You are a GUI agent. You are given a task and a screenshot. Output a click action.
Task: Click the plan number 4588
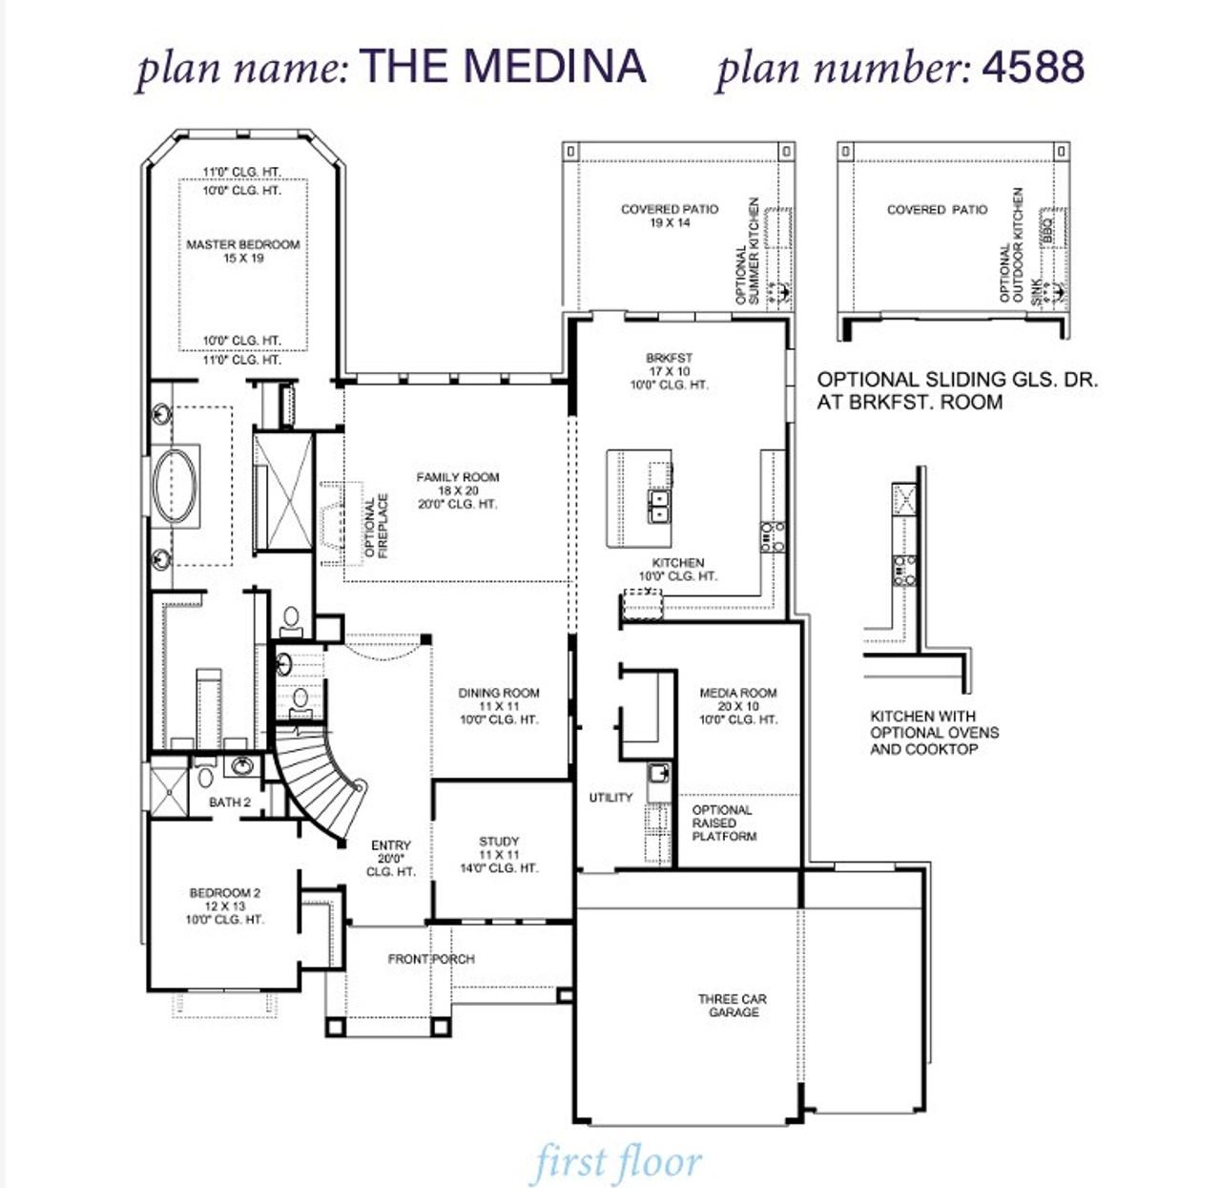(x=1033, y=67)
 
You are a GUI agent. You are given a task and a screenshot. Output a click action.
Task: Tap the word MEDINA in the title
(x=554, y=67)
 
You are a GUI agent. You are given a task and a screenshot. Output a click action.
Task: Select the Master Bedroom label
(x=243, y=245)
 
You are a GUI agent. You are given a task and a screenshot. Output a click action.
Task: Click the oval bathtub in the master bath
(x=176, y=485)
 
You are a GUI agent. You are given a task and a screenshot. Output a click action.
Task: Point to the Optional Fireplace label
(x=377, y=526)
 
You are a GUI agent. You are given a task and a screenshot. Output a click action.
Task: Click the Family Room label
(x=458, y=478)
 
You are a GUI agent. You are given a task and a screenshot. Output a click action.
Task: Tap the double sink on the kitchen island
(x=658, y=507)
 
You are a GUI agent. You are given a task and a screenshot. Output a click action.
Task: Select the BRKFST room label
(x=669, y=359)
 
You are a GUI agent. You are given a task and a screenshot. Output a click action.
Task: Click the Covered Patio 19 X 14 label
(x=670, y=216)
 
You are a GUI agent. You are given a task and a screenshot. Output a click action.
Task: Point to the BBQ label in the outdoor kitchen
(x=1046, y=230)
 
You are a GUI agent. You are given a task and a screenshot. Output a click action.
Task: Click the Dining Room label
(x=499, y=694)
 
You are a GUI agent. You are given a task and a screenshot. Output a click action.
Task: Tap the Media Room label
(x=738, y=694)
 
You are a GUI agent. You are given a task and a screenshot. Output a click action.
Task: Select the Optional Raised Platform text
(x=723, y=823)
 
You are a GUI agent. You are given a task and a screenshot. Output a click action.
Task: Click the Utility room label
(x=610, y=798)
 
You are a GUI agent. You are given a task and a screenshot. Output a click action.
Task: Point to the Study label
(x=499, y=842)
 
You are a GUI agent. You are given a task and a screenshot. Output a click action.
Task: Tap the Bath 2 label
(x=230, y=802)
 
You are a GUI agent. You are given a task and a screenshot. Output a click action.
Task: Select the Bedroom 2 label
(x=225, y=893)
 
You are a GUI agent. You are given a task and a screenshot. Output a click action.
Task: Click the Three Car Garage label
(x=733, y=1006)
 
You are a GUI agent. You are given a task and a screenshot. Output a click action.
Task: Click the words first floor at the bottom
(x=617, y=1163)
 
